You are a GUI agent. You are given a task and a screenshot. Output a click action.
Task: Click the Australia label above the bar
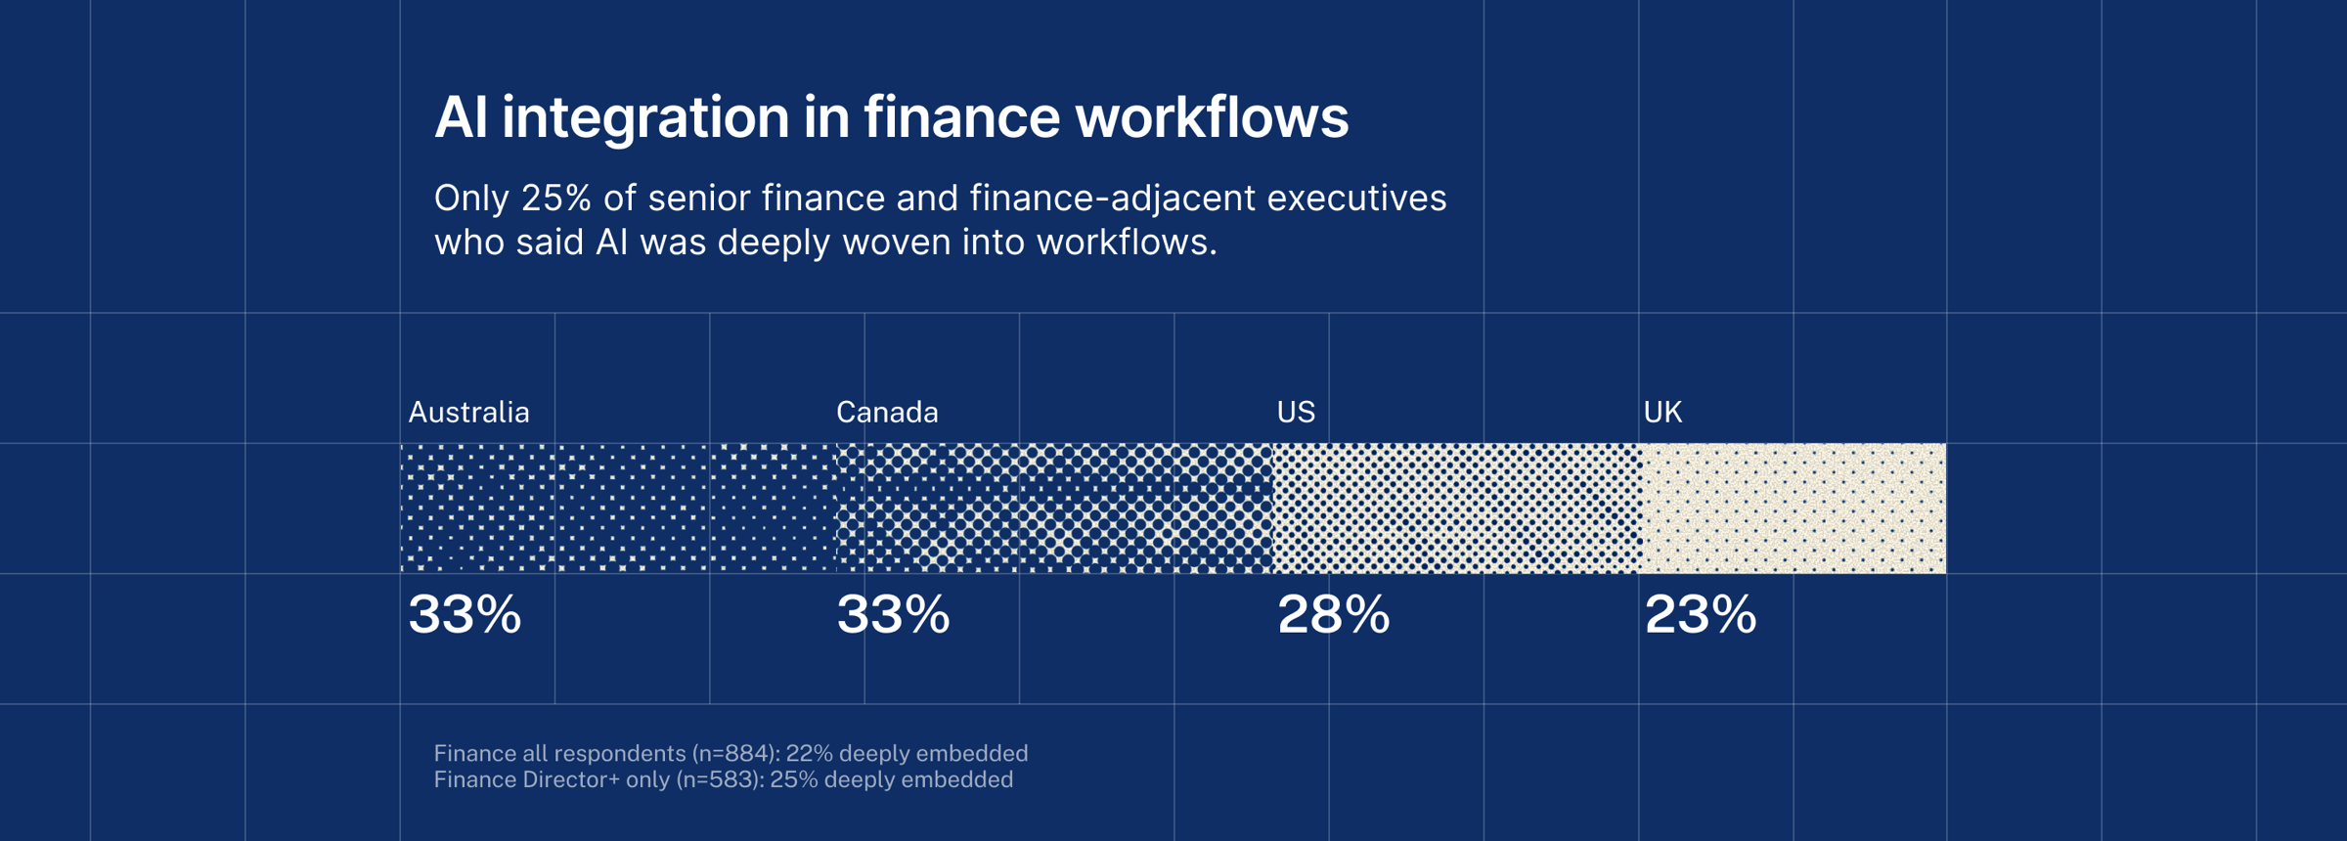468,412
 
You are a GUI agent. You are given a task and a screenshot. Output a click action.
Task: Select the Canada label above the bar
887,412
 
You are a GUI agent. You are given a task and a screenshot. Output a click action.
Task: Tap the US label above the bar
1296,412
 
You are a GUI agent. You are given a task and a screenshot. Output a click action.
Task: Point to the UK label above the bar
1662,412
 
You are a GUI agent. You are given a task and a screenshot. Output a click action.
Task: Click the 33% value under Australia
465,614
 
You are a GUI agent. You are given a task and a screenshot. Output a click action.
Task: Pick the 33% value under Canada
893,614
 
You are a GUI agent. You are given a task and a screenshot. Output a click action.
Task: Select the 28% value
1334,614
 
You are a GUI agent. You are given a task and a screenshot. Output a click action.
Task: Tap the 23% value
1701,614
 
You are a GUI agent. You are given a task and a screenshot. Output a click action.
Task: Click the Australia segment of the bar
618,508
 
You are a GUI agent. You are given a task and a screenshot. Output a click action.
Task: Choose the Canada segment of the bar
1054,508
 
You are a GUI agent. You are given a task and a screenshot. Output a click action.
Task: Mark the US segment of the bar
1457,508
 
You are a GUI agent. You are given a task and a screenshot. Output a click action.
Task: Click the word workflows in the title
1212,116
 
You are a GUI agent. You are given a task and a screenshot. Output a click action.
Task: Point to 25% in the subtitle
556,198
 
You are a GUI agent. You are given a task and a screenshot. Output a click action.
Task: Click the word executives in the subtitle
1356,198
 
